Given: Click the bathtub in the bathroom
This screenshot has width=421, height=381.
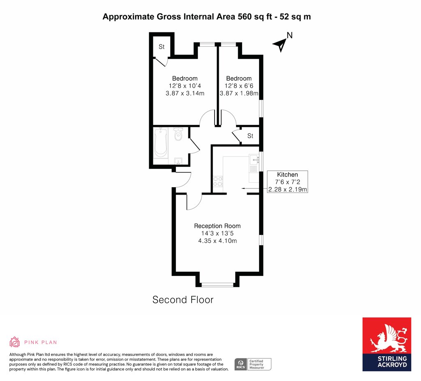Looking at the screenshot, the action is pyautogui.click(x=161, y=142).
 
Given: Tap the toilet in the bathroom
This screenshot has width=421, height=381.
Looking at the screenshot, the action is pyautogui.click(x=178, y=134).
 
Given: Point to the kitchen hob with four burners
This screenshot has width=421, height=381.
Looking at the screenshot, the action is pyautogui.click(x=218, y=181).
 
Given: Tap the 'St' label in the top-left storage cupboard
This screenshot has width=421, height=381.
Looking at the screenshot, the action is pyautogui.click(x=161, y=47).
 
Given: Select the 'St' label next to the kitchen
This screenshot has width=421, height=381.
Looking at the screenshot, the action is pyautogui.click(x=250, y=136).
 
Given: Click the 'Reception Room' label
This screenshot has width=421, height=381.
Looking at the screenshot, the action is pyautogui.click(x=217, y=226).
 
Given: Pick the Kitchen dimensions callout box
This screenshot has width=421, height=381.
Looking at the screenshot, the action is pyautogui.click(x=287, y=182).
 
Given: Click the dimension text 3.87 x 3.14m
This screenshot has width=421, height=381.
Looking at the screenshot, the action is pyautogui.click(x=185, y=93).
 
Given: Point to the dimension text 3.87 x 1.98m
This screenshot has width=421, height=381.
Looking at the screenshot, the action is pyautogui.click(x=239, y=93).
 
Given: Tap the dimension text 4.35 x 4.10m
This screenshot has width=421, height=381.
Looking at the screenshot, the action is pyautogui.click(x=217, y=241).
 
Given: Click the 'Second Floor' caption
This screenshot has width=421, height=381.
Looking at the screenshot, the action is pyautogui.click(x=183, y=299).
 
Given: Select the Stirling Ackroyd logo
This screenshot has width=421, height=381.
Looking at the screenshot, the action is pyautogui.click(x=386, y=344).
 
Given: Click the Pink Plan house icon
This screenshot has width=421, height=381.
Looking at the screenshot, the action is pyautogui.click(x=14, y=342).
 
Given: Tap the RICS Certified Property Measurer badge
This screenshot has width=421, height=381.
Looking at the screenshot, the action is pyautogui.click(x=253, y=365).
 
